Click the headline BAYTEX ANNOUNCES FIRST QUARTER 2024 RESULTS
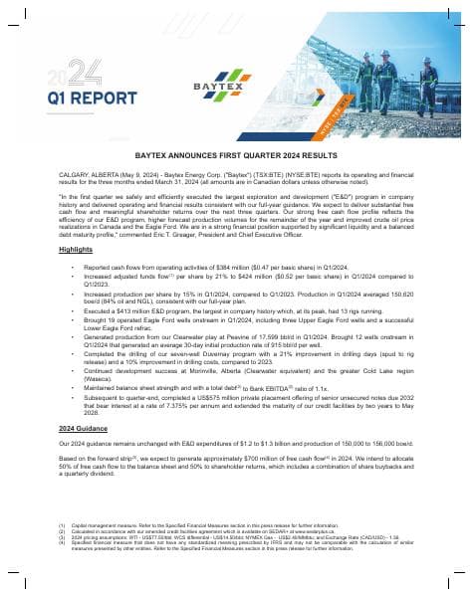(236, 156)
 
